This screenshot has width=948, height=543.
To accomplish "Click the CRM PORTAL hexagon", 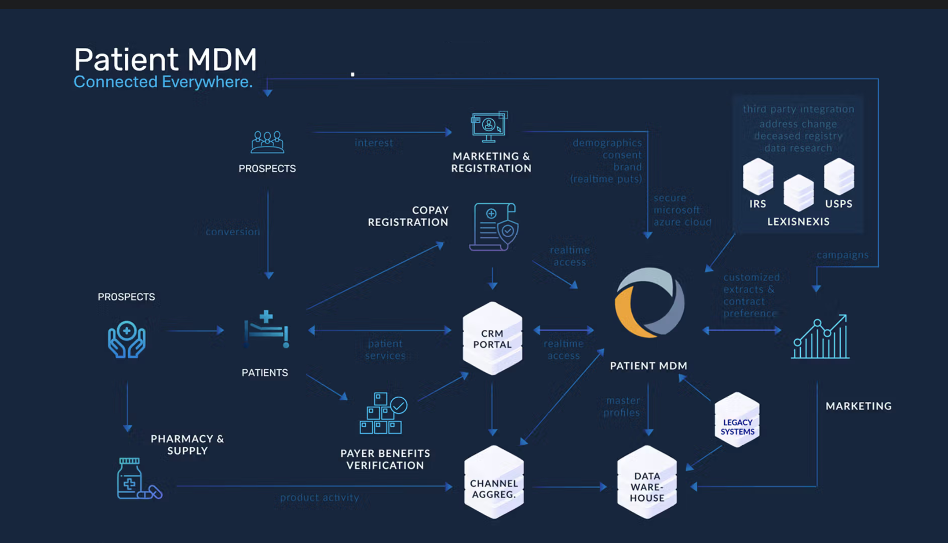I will (x=492, y=338).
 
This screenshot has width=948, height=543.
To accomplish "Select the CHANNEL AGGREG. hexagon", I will (x=494, y=482).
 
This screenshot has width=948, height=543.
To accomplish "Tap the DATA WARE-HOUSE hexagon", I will (x=647, y=482).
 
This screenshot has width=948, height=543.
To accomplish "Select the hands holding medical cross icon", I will (x=127, y=339).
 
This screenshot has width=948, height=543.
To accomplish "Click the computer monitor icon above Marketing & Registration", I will (x=489, y=127).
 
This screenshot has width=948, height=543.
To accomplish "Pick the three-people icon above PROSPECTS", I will (x=267, y=142).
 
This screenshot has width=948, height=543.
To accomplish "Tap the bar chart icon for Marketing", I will (x=820, y=337).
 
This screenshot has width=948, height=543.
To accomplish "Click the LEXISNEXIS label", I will (x=798, y=222).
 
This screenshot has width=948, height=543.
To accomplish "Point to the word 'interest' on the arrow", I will (x=374, y=143).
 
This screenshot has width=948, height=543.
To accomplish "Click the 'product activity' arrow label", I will (x=320, y=498).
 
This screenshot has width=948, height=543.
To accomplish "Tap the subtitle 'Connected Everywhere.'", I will (x=163, y=82).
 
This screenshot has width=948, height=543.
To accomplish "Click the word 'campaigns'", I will (x=842, y=255).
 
